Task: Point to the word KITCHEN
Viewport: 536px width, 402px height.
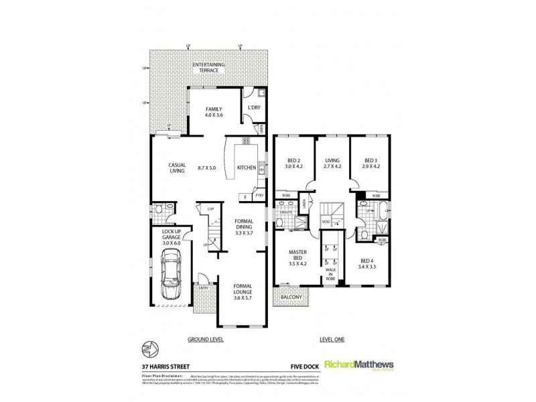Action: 247,168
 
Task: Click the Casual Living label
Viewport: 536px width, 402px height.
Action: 177,168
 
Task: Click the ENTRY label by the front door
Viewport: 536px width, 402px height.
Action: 204,289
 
